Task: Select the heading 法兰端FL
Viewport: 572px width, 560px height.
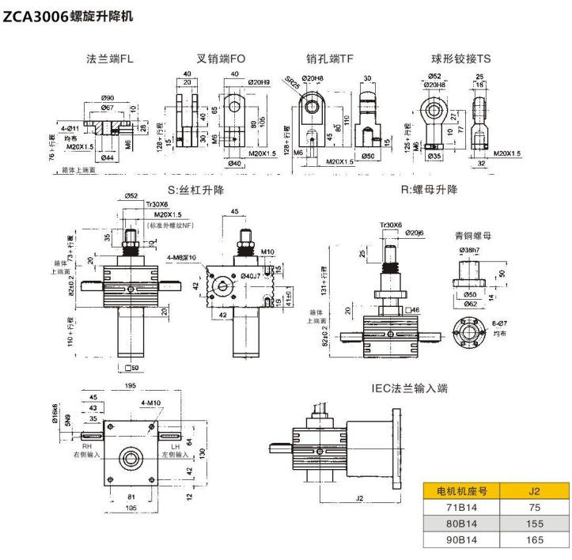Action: tap(113, 59)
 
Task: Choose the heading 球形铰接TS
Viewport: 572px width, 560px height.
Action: tap(460, 59)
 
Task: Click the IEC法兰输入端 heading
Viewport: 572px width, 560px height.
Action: tap(410, 388)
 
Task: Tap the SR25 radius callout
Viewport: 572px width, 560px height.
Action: tap(294, 85)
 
